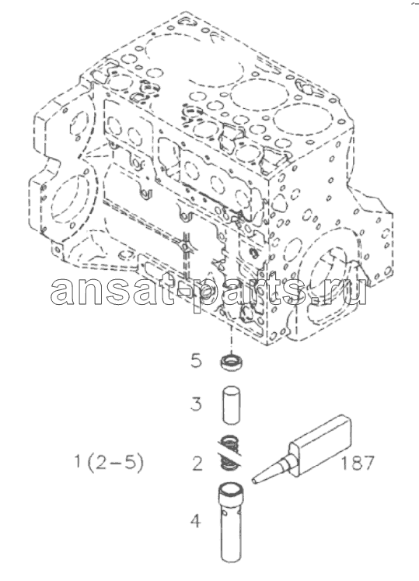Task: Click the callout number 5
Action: (x=197, y=360)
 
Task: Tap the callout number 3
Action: (x=197, y=404)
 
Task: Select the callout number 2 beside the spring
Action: (x=197, y=464)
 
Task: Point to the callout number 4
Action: (x=195, y=521)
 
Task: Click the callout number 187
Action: (x=358, y=463)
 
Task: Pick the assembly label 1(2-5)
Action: (x=109, y=463)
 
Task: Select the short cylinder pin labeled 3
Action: (x=231, y=404)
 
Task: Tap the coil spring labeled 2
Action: (x=229, y=452)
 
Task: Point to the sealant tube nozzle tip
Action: (x=253, y=481)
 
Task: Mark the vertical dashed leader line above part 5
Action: (x=230, y=340)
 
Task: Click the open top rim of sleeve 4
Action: (x=231, y=488)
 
